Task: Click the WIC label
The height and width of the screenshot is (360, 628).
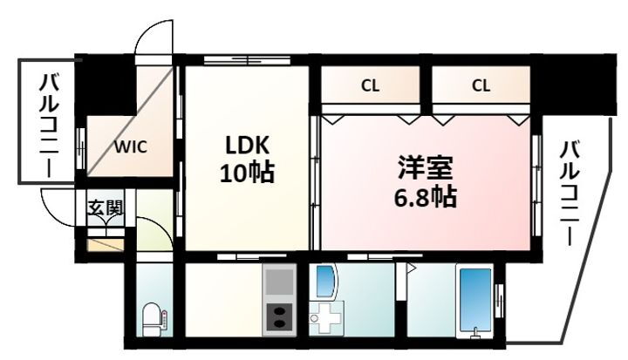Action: [x=131, y=146]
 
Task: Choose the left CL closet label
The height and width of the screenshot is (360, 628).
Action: [x=370, y=85]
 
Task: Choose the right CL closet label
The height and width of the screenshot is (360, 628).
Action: [x=481, y=85]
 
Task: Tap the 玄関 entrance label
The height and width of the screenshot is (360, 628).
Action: [x=105, y=208]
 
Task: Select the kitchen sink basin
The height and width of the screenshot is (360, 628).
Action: [x=279, y=282]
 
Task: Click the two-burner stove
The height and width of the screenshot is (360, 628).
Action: [x=279, y=314]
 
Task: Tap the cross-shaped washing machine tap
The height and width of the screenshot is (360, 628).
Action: [x=329, y=319]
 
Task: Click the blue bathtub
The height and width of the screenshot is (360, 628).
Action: [x=476, y=300]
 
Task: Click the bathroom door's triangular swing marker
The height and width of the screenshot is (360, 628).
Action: [x=406, y=269]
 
